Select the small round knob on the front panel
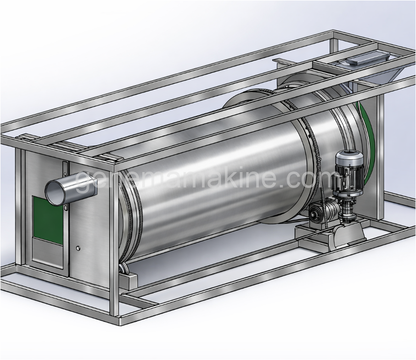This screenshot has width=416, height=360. click(x=78, y=248)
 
